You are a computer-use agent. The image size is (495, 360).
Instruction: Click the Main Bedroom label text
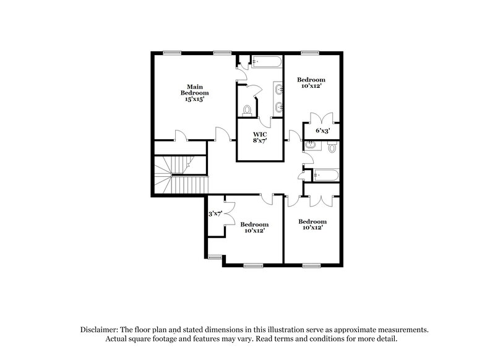[x=194, y=92]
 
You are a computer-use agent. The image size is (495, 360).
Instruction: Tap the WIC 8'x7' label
[x=260, y=137]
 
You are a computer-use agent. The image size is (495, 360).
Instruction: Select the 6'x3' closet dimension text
[x=322, y=131]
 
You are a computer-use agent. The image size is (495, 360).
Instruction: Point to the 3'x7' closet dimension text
[x=215, y=213]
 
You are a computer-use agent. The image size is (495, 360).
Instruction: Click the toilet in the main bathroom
[x=247, y=111]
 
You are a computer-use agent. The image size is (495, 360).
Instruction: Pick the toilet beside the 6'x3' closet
[x=332, y=148]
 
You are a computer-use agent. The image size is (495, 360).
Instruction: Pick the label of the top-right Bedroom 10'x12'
[x=311, y=84]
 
